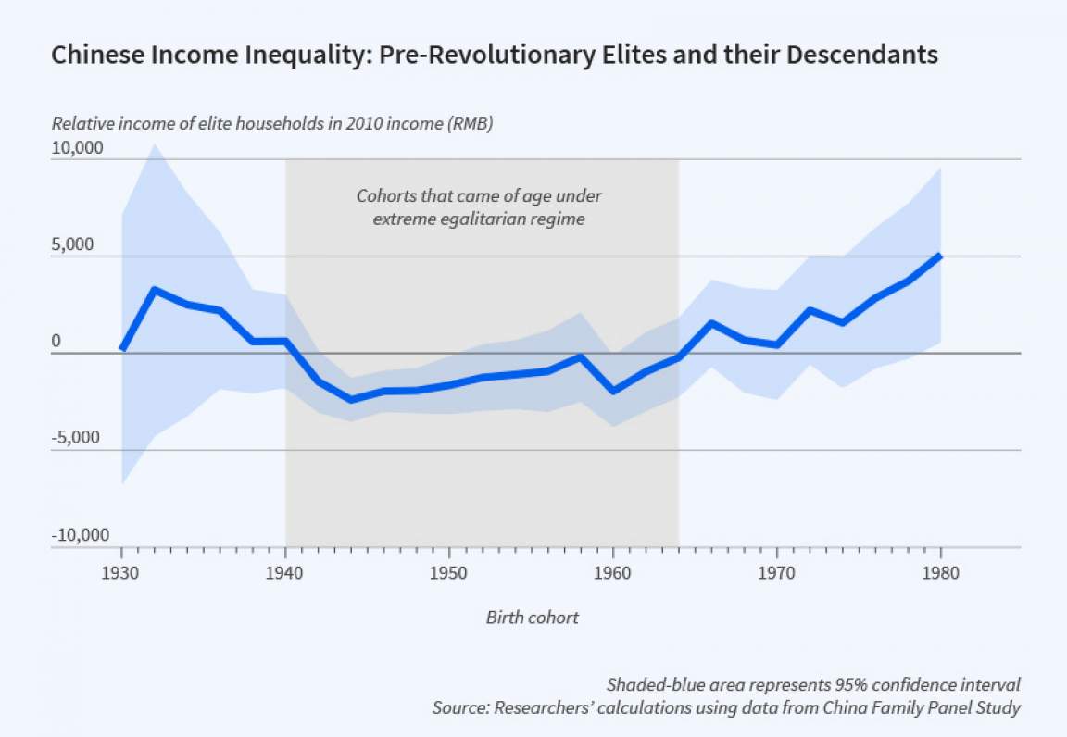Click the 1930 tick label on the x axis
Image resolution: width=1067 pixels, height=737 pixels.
pyautogui.click(x=121, y=573)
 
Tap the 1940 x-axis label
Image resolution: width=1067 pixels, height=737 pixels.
pyautogui.click(x=285, y=573)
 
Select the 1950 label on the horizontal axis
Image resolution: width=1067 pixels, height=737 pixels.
pyautogui.click(x=449, y=573)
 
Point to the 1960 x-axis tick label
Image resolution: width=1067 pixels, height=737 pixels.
pyautogui.click(x=613, y=573)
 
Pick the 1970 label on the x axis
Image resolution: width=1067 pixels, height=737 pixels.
pyautogui.click(x=777, y=573)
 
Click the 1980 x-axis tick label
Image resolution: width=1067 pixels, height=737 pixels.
pyautogui.click(x=941, y=573)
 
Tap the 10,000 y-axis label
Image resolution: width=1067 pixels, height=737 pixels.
pyautogui.click(x=78, y=148)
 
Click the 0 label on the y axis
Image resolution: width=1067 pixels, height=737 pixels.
pyautogui.click(x=56, y=342)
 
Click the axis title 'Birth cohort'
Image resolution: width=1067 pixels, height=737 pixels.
pyautogui.click(x=533, y=618)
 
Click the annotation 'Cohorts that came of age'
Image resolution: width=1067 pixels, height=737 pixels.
pyautogui.click(x=479, y=196)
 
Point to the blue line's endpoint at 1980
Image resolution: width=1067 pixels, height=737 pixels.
pyautogui.click(x=941, y=256)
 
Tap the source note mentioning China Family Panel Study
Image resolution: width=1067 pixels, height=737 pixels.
pyautogui.click(x=726, y=708)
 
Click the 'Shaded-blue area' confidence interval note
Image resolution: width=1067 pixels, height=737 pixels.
pyautogui.click(x=813, y=685)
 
